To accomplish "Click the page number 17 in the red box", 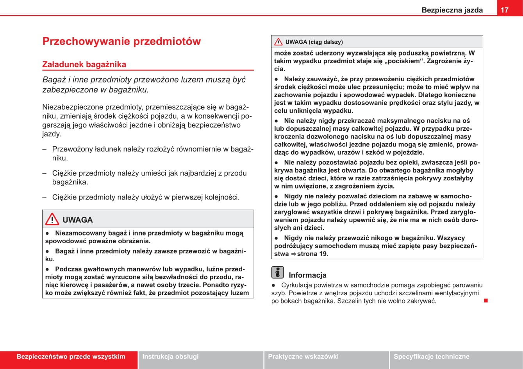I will pyautogui.click(x=505, y=10).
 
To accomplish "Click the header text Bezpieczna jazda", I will pyautogui.click(x=452, y=10).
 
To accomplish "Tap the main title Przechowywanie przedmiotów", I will pyautogui.click(x=121, y=41).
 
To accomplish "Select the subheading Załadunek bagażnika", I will pyautogui.click(x=84, y=64).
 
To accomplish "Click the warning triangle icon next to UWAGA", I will pyautogui.click(x=52, y=219).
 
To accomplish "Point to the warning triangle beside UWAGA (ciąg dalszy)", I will pyautogui.click(x=278, y=42).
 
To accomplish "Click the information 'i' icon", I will pyautogui.click(x=277, y=272).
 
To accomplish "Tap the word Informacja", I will pyautogui.click(x=307, y=275).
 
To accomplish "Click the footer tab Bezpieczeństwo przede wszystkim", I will pyautogui.click(x=71, y=357).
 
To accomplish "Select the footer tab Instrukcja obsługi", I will pyautogui.click(x=170, y=357).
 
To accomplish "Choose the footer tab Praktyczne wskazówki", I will pyautogui.click(x=303, y=357).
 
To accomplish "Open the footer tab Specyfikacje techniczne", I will pyautogui.click(x=431, y=357).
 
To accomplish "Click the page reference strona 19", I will pyautogui.click(x=312, y=254).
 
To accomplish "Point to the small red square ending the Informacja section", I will pyautogui.click(x=486, y=300).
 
